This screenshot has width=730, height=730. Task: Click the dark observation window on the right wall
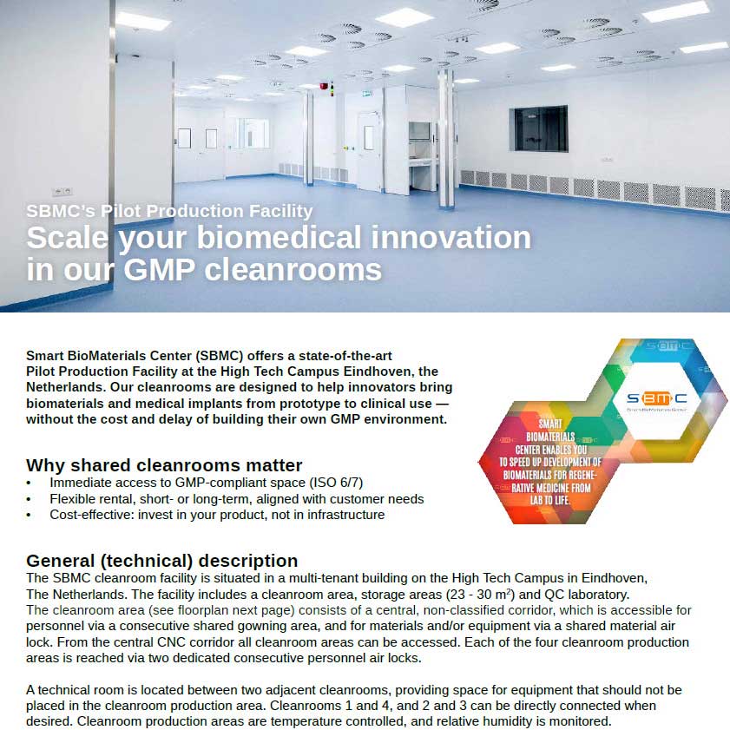point(539,128)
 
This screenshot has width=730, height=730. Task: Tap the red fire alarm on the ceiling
point(324,86)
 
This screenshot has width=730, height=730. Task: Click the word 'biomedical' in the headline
point(279,238)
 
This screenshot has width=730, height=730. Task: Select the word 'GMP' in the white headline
point(159,270)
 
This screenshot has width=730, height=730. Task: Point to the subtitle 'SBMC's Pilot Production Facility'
point(169,211)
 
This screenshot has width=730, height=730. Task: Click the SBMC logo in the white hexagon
point(656,398)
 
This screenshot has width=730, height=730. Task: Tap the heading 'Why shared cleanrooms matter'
point(164,465)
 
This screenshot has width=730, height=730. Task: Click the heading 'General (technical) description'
point(162,561)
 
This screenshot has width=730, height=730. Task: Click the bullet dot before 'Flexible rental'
point(29,500)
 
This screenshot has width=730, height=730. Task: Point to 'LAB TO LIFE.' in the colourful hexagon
point(549,501)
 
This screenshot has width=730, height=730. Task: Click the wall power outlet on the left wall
point(62,191)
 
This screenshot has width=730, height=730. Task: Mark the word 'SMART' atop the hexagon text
point(549,424)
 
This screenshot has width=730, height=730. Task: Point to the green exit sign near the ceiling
point(366,94)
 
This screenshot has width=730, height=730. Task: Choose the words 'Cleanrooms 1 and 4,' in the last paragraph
point(332,706)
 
